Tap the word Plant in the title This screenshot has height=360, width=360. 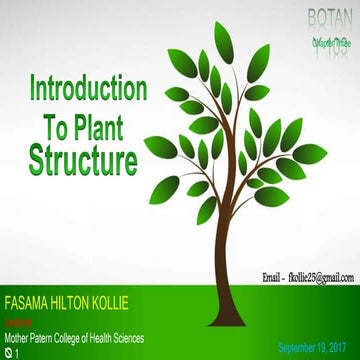105,123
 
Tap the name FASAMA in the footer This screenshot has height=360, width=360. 29,301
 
